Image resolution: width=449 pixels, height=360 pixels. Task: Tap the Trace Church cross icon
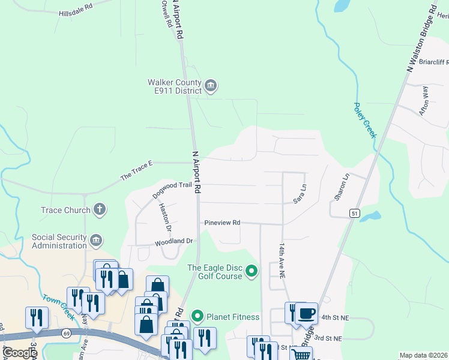pos(100,209)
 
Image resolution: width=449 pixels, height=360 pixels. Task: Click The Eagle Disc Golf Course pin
pos(252,272)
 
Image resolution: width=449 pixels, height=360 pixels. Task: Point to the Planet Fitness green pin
pos(197,316)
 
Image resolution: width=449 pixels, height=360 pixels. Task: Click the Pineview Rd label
pos(222,223)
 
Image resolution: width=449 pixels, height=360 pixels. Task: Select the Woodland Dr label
pos(173,241)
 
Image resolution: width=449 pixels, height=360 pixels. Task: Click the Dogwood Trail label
pos(172,189)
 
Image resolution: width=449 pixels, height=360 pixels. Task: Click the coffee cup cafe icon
pos(306,313)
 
